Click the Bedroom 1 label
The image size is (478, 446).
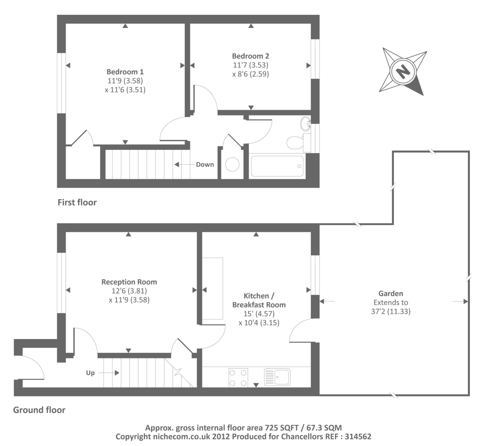tap(125, 72)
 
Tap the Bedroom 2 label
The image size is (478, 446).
tap(250, 56)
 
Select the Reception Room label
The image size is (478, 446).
tap(129, 282)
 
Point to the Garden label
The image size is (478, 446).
tap(391, 294)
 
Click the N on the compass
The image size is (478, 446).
tap(402, 71)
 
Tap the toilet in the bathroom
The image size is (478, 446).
tap(296, 142)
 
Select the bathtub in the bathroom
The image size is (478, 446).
tap(277, 166)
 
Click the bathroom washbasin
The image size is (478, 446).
tap(306, 124)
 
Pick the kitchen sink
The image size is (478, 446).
tap(278, 377)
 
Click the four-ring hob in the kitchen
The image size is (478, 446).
tap(238, 377)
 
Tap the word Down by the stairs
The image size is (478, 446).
tap(205, 165)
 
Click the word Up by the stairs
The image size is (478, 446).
tap(90, 373)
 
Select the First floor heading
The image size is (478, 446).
tap(77, 203)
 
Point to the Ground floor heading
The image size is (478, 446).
tap(39, 410)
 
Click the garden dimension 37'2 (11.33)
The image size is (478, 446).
tap(391, 311)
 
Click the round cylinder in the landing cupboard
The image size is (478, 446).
tap(232, 164)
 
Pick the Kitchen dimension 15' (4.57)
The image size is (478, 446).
tap(259, 314)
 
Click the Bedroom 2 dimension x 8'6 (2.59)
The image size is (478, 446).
tap(250, 74)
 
